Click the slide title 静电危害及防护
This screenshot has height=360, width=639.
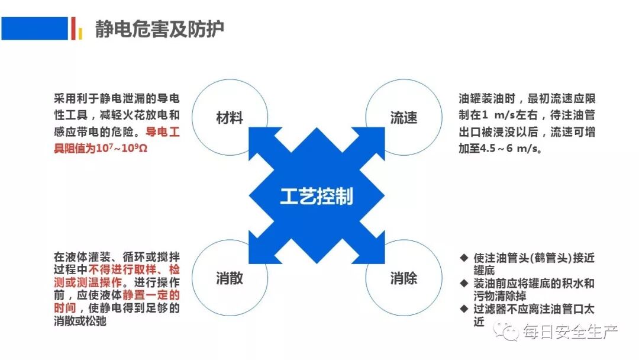click(x=159, y=29)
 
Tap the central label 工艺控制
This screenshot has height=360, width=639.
click(x=316, y=196)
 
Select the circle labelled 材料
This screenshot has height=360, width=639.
click(x=229, y=117)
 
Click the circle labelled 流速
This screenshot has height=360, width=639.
click(x=404, y=117)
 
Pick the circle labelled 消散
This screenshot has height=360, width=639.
click(x=229, y=277)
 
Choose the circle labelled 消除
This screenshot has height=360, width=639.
click(x=404, y=277)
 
